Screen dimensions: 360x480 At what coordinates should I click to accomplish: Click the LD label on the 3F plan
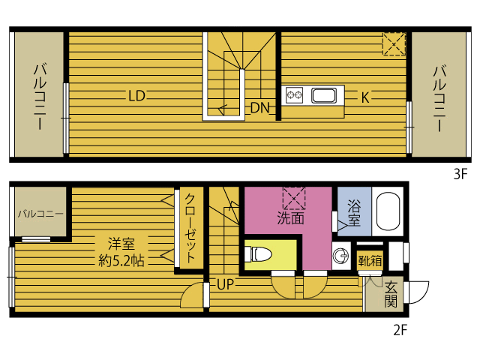click(x=136, y=95)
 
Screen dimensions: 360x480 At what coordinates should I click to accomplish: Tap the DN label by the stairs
click(x=259, y=107)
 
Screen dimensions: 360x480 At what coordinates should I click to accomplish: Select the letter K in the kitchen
click(x=365, y=97)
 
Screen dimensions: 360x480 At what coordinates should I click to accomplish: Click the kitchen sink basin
click(x=323, y=95)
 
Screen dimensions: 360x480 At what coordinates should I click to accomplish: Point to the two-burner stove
click(x=294, y=95)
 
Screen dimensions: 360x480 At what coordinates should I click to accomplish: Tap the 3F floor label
click(x=460, y=175)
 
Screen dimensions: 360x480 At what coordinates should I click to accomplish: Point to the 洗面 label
click(x=289, y=219)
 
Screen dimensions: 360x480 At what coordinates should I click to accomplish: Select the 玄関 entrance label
click(x=391, y=294)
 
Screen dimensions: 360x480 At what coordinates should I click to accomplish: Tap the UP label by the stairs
click(x=226, y=284)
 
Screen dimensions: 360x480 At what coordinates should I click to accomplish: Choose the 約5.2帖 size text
click(x=121, y=262)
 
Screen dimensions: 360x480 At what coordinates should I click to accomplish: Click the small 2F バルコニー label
click(x=40, y=214)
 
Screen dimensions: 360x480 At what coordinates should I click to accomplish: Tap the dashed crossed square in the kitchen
click(x=394, y=43)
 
